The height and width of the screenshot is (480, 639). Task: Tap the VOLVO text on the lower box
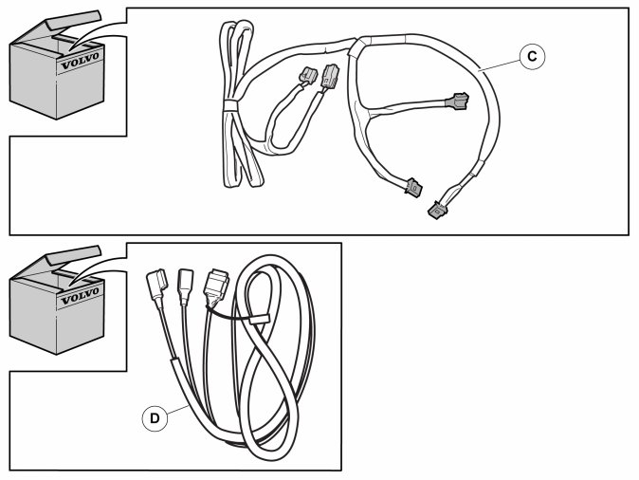coord(79,298)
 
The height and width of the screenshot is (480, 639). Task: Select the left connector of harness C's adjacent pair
coord(310,77)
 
